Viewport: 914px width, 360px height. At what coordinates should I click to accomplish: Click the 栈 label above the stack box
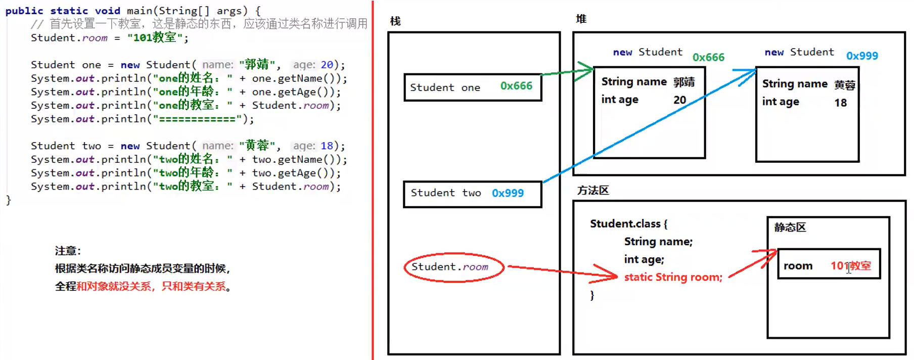pyautogui.click(x=395, y=21)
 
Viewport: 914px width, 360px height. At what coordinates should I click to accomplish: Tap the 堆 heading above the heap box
pyautogui.click(x=581, y=19)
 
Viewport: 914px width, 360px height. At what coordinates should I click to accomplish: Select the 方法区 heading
pyautogui.click(x=593, y=191)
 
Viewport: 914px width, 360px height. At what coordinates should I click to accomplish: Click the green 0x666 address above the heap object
pyautogui.click(x=708, y=57)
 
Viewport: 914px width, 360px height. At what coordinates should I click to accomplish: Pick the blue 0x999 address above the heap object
pyautogui.click(x=862, y=56)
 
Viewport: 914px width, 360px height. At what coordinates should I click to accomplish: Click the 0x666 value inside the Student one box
pyautogui.click(x=516, y=86)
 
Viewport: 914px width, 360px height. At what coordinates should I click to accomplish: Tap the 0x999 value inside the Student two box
pyautogui.click(x=508, y=193)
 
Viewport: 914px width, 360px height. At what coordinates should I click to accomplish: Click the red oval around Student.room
pyautogui.click(x=453, y=267)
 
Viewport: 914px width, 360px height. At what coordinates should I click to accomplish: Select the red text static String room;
pyautogui.click(x=673, y=277)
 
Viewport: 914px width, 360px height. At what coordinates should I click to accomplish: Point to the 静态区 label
pyautogui.click(x=790, y=228)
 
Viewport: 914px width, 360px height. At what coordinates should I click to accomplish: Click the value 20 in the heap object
pyautogui.click(x=679, y=100)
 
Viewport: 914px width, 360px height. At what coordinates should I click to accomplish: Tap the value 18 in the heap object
pyautogui.click(x=840, y=103)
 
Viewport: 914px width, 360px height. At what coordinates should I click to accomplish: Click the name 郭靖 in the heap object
pyautogui.click(x=684, y=82)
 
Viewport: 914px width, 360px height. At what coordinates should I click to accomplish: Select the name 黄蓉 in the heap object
pyautogui.click(x=844, y=84)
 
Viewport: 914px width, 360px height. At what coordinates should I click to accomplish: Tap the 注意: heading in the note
pyautogui.click(x=68, y=251)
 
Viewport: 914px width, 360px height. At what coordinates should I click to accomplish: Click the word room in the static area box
pyautogui.click(x=798, y=266)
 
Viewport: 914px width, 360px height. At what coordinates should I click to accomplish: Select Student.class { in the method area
pyautogui.click(x=628, y=223)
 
